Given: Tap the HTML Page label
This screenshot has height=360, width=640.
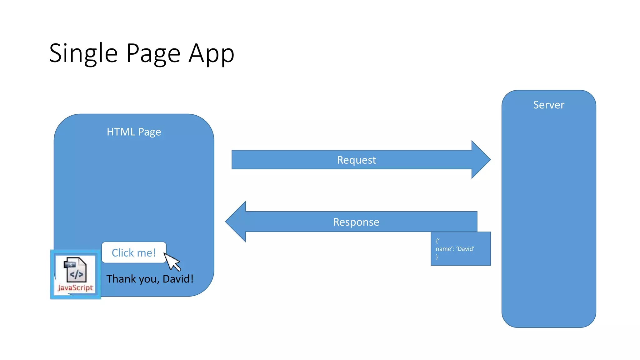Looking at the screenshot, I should [134, 132].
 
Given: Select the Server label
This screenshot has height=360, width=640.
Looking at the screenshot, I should [548, 105].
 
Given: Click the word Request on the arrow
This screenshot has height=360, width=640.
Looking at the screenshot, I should [356, 160].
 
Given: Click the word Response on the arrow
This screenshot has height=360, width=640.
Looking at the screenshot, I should [356, 222].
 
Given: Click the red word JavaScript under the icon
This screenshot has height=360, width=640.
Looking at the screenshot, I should [75, 287].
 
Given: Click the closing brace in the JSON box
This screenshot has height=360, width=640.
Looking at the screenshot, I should [437, 257].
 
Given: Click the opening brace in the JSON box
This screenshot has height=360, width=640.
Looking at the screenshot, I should [437, 241].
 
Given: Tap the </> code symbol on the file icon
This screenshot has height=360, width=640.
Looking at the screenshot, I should [77, 275].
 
